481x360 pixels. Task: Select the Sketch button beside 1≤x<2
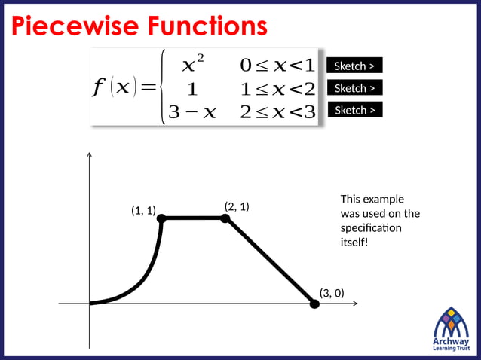pyautogui.click(x=354, y=88)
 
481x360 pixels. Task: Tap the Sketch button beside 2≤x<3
pyautogui.click(x=354, y=110)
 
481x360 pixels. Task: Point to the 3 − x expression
pyautogui.click(x=192, y=111)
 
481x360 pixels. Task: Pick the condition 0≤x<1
pyautogui.click(x=277, y=65)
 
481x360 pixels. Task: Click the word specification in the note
pyautogui.click(x=371, y=227)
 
